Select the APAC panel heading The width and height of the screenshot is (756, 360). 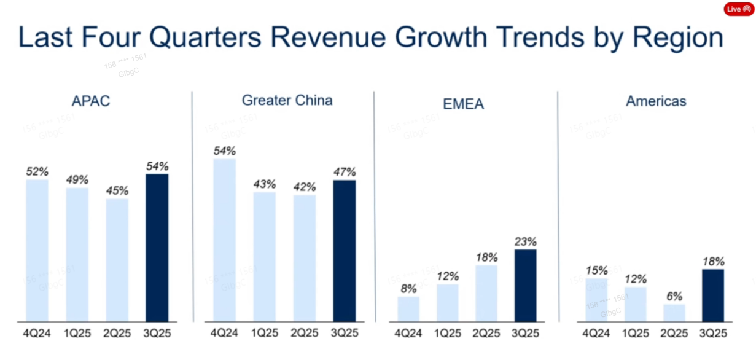point(92,101)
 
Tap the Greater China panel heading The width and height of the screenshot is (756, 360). point(287,100)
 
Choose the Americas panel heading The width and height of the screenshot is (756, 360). point(656,101)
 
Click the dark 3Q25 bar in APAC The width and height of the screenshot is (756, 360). point(157,248)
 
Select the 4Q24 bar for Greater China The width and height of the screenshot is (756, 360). point(224,240)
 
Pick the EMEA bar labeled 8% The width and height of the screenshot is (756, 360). point(408,309)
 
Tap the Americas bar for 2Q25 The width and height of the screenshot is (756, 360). point(674,313)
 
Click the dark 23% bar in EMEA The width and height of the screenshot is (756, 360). point(525,285)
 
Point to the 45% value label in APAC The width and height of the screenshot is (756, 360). point(117,190)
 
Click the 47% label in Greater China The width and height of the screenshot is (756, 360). point(344,172)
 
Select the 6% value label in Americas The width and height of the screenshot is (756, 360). point(674,297)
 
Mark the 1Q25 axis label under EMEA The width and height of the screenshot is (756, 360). point(448,334)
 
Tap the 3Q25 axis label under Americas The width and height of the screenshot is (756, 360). point(714,334)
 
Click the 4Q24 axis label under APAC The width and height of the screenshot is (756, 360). point(37,334)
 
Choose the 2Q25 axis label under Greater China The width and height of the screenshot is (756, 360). point(305,334)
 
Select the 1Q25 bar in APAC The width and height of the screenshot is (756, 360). point(77,254)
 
